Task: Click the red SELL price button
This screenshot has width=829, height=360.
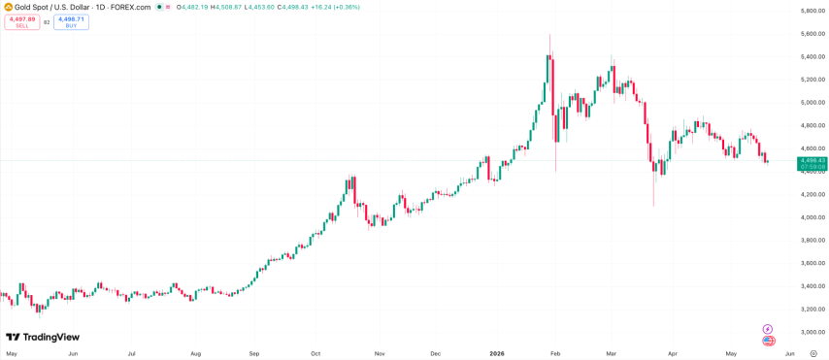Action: (22, 22)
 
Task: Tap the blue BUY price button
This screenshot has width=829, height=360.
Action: (71, 22)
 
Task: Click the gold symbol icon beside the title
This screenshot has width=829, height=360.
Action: (8, 7)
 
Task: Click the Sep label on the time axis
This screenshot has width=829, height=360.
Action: (254, 352)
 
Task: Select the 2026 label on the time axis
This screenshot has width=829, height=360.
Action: (496, 352)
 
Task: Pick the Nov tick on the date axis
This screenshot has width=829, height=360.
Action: (380, 352)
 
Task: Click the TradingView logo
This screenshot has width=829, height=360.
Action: (43, 337)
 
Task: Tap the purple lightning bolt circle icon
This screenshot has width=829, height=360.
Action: (768, 329)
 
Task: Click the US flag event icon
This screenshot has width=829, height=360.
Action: (768, 341)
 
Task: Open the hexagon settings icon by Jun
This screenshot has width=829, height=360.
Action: (813, 353)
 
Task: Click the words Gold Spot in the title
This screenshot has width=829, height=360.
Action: (28, 8)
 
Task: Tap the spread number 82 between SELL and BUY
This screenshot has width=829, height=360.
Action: (47, 22)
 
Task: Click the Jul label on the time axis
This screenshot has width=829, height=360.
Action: (133, 352)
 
